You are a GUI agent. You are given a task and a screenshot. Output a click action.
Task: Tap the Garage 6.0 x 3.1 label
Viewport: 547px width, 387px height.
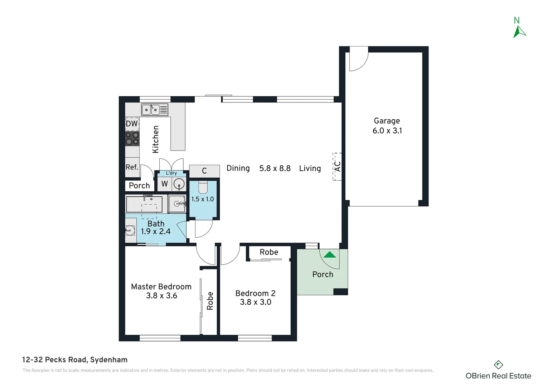[387, 126]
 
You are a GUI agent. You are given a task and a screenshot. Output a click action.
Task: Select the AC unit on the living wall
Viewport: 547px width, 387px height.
[337, 167]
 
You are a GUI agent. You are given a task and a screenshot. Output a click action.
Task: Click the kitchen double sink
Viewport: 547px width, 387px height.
[155, 110]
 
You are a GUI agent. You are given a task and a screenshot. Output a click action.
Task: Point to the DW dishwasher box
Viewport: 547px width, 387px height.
[132, 124]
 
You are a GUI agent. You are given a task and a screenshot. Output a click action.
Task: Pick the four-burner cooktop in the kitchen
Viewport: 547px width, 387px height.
[132, 138]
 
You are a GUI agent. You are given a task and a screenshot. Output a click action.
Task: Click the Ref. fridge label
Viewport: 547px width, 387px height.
[132, 167]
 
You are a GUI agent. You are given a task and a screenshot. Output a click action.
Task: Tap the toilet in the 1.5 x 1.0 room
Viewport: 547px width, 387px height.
[203, 187]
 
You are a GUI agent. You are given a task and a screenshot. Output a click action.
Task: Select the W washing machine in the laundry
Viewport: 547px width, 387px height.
[165, 184]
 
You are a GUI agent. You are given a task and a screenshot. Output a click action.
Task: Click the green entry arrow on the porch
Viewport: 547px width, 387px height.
[330, 255]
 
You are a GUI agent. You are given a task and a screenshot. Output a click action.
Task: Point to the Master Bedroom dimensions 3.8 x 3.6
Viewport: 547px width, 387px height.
[161, 296]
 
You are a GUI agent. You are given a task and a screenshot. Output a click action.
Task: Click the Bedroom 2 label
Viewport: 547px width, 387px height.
[255, 293]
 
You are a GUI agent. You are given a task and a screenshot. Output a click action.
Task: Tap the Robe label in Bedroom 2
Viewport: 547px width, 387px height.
[269, 252]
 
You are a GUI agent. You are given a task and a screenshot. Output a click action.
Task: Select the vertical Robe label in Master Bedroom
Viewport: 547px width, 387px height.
[210, 301]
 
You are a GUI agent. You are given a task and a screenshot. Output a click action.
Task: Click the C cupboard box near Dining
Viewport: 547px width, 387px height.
[204, 171]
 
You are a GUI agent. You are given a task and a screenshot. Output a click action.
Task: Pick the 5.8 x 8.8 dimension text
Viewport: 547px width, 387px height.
[275, 168]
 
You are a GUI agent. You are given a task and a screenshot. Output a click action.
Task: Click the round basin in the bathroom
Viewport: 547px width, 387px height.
[130, 230]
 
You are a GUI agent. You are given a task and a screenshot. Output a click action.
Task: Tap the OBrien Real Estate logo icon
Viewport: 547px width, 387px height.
[498, 365]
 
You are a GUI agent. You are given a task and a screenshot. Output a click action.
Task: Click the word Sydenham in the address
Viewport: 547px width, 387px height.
[109, 360]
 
